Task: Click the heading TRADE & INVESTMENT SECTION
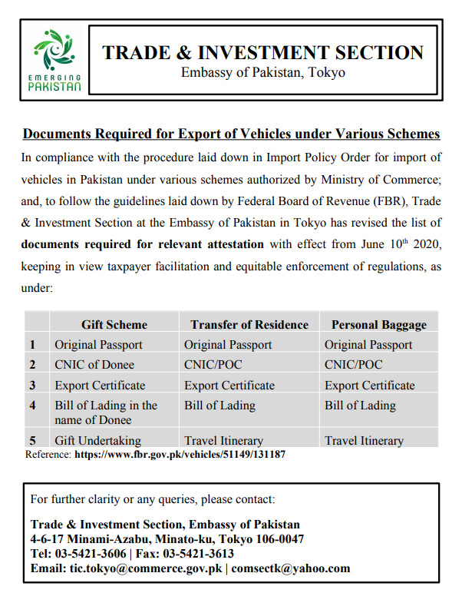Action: (262, 52)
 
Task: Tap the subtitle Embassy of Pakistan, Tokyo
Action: (262, 73)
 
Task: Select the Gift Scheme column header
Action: (114, 324)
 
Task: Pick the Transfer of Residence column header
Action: (249, 324)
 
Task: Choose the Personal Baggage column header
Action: (378, 324)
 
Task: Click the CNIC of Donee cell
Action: (94, 365)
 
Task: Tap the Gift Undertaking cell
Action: (98, 441)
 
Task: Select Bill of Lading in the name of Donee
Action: (106, 412)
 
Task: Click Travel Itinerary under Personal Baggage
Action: (364, 441)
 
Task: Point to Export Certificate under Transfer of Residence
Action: (229, 385)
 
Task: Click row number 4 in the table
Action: (33, 406)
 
